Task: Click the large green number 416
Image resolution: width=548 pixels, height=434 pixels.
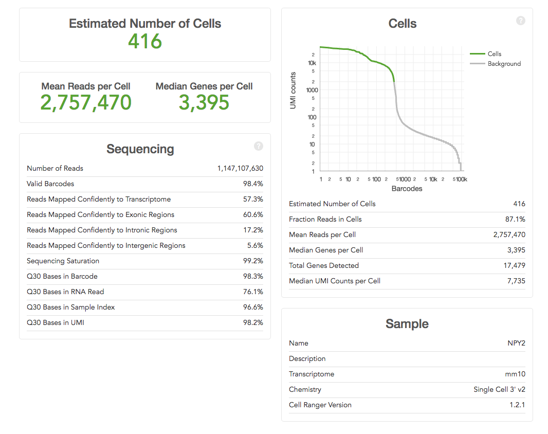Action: tap(145, 41)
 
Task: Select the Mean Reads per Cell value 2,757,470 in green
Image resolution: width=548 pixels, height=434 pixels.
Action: tap(86, 103)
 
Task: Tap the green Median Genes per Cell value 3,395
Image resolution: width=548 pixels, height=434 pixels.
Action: tap(204, 103)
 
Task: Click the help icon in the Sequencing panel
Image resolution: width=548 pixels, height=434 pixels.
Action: tap(259, 146)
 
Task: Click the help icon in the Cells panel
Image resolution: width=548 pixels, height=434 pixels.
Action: tap(521, 21)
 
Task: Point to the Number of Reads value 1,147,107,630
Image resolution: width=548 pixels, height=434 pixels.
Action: tap(240, 168)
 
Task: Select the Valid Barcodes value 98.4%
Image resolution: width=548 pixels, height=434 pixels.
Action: tap(253, 184)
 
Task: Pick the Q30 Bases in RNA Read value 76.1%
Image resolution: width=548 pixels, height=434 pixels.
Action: tap(253, 292)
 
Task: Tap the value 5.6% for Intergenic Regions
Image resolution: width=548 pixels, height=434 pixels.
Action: tap(255, 245)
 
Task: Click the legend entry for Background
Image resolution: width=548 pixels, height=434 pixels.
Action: tap(504, 64)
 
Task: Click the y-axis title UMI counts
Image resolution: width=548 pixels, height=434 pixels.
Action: tap(294, 90)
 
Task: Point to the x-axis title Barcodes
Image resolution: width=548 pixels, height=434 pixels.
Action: tap(407, 189)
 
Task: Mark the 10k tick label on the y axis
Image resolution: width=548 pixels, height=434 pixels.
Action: tap(312, 63)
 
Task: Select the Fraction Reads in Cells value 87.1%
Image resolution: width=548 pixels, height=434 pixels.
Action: tap(515, 219)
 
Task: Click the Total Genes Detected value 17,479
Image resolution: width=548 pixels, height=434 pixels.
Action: tap(513, 265)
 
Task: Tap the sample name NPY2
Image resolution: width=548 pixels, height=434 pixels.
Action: tap(516, 343)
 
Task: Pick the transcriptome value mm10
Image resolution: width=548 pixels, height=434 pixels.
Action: tap(515, 374)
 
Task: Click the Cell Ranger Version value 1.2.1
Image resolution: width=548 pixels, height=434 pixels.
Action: tap(517, 405)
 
